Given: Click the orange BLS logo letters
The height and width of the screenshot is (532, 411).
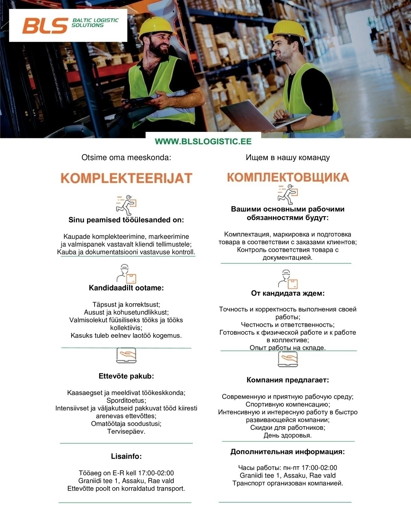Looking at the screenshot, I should (45, 26).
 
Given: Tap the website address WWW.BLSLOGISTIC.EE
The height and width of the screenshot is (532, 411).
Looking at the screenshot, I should (203, 141).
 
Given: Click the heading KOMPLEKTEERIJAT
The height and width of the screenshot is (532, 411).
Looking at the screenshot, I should (126, 178).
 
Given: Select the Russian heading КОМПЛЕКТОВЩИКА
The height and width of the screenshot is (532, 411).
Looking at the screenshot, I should (288, 177).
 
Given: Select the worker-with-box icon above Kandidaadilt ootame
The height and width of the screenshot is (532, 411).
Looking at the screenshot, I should (126, 274).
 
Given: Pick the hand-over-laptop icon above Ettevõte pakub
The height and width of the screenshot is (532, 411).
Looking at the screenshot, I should (126, 355).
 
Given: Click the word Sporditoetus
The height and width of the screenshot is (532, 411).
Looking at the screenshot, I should (126, 400).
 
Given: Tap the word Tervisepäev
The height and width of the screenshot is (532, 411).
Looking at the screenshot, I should (126, 431).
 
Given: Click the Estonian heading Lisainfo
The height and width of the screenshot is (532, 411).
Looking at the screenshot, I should (126, 456).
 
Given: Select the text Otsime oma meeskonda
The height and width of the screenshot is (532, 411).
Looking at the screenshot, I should (126, 158).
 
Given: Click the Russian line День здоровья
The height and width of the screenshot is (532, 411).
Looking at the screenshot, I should (288, 435).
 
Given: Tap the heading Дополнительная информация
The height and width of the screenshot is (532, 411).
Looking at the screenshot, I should (288, 451).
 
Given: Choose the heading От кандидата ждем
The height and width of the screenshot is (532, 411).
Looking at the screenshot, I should (288, 293).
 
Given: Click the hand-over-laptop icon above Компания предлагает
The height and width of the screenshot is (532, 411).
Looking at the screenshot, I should (288, 359).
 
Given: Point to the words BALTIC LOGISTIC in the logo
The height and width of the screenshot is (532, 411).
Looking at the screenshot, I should (95, 21).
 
